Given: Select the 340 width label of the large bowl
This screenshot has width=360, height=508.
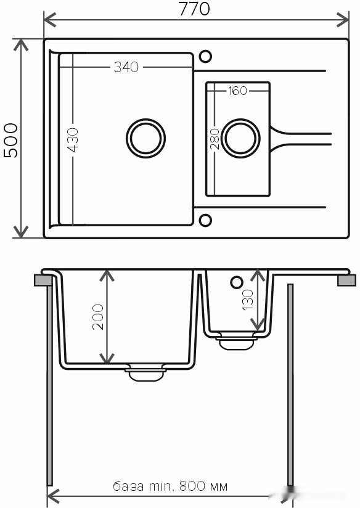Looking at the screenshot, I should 126,68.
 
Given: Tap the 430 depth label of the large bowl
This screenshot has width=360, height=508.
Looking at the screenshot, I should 73,141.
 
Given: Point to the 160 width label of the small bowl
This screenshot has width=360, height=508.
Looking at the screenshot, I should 237,91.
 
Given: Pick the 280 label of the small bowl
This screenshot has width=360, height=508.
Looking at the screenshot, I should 215,139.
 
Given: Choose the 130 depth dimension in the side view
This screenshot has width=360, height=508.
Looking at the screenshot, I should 247,300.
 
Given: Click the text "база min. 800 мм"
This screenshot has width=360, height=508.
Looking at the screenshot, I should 170,486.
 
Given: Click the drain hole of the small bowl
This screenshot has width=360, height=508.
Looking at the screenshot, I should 241,137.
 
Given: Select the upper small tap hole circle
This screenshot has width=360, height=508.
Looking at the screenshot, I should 206,57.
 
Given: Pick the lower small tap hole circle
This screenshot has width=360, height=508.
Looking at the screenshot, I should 206,219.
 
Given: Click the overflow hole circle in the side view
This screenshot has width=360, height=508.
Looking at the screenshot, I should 236,282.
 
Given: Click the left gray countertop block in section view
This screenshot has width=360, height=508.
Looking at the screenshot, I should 43,281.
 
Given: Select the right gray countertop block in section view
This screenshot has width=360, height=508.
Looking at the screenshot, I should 347,281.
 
